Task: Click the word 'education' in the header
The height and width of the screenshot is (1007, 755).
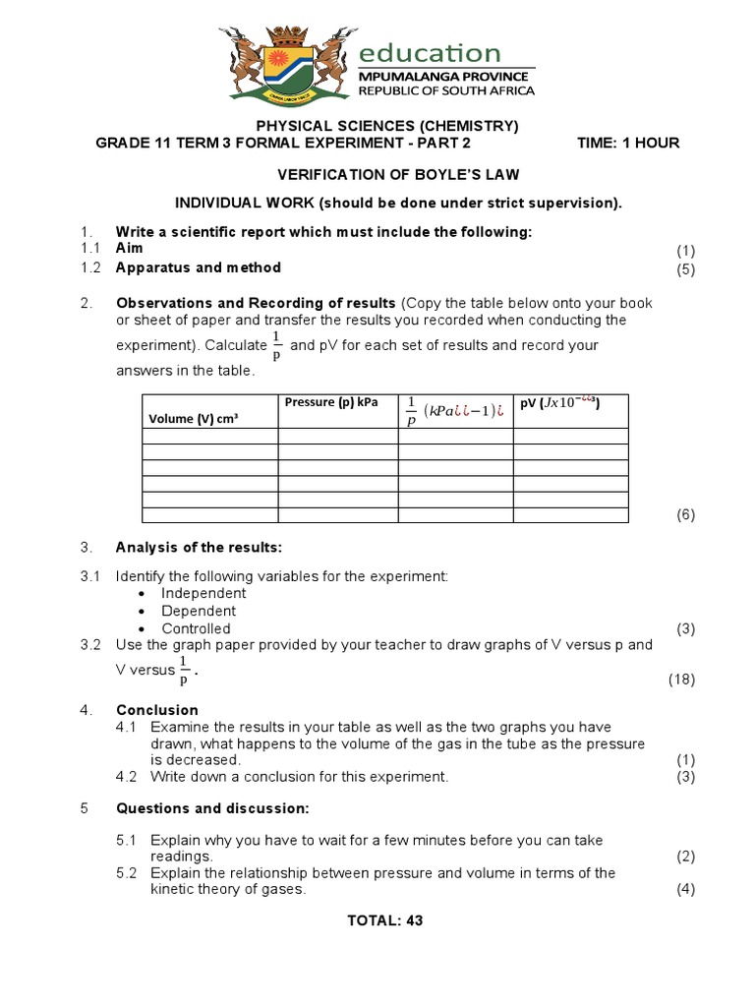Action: coord(429,52)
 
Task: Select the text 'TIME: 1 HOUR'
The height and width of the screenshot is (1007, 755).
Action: coord(627,143)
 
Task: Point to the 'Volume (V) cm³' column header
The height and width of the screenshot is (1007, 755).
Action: coord(195,418)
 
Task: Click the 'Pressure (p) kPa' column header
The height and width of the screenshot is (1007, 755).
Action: coord(331,402)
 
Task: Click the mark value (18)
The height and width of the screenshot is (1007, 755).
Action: coord(682,679)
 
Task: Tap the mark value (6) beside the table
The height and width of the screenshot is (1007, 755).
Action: coord(685,515)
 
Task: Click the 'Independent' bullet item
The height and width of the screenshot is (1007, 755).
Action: coord(203,593)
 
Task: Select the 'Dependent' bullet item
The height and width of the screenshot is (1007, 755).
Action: coord(199,611)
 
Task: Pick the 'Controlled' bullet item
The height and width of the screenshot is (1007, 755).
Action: coord(196,628)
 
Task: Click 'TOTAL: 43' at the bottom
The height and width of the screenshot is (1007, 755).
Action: coord(385,921)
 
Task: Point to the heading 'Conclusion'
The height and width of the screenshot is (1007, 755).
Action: coord(157,710)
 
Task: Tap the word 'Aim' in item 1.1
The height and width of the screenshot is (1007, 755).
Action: coord(129,249)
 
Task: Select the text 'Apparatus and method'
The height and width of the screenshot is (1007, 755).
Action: coord(198,267)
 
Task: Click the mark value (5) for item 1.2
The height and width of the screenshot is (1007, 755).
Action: coord(685,269)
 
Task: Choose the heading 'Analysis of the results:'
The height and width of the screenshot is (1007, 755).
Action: coord(199,547)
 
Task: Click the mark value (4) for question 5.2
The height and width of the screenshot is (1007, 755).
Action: coord(685,890)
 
